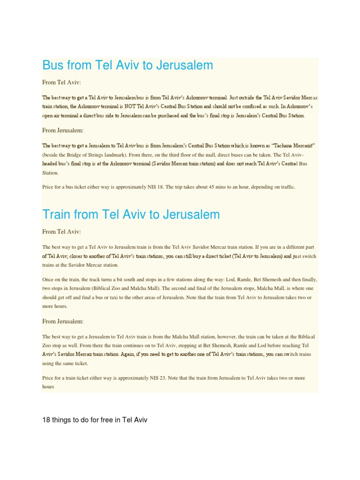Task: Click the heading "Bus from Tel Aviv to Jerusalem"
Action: pos(127,65)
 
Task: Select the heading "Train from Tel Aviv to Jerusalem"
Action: pos(131,214)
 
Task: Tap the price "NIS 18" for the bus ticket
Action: pos(154,187)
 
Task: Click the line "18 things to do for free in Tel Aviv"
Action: pos(95,420)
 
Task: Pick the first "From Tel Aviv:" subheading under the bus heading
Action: pos(61,82)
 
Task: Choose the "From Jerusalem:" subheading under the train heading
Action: pos(63,321)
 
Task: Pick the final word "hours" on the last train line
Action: pos(48,386)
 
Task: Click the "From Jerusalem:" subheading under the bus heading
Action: pos(63,130)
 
